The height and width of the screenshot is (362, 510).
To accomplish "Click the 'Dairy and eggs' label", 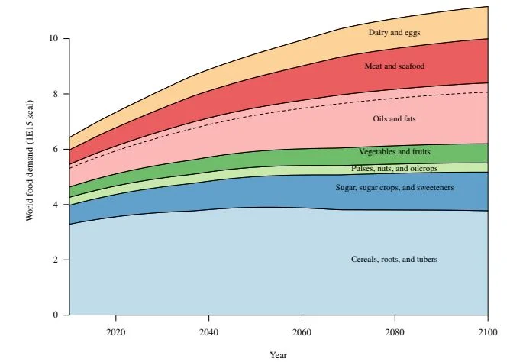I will (x=394, y=33).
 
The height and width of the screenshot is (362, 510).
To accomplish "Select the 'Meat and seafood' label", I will (x=394, y=66).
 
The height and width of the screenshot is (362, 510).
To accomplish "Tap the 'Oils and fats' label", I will (x=394, y=119).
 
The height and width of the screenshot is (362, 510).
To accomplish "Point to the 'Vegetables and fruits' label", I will (x=394, y=152).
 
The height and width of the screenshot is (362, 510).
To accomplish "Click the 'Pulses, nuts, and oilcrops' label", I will (x=394, y=168).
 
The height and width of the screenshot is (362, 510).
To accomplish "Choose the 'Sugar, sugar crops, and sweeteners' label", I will (x=394, y=187).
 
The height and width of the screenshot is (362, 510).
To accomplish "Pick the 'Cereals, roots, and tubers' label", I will (x=394, y=260).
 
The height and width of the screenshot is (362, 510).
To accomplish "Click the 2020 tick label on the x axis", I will (x=116, y=332).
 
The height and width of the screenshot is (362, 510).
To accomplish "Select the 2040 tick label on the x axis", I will (x=209, y=332).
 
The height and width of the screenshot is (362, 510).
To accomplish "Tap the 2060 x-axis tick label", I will (x=302, y=332).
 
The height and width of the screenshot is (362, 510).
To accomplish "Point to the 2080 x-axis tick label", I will (x=395, y=332).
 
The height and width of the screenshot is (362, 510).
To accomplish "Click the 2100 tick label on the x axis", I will (x=488, y=332).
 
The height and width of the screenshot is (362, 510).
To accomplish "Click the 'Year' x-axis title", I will (x=279, y=354).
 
